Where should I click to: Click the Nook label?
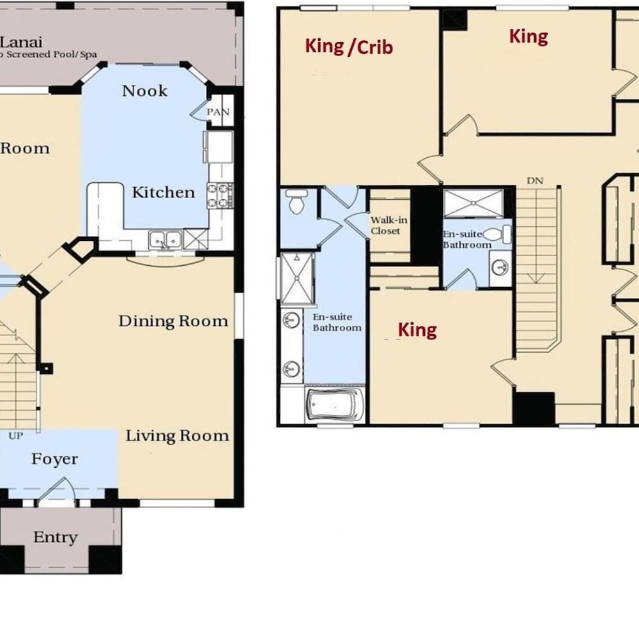(x=144, y=91)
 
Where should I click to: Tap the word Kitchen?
(x=164, y=192)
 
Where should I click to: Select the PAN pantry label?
(x=219, y=112)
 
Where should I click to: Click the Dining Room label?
(x=173, y=321)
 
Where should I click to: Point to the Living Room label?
(x=177, y=436)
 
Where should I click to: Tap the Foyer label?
(x=54, y=459)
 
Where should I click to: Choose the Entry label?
(x=56, y=537)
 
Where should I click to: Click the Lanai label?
(x=21, y=42)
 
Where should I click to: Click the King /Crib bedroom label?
(x=349, y=47)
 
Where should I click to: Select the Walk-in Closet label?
(x=389, y=226)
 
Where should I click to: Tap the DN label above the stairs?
(x=535, y=181)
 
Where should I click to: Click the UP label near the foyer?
(x=15, y=436)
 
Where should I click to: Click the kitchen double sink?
(x=166, y=240)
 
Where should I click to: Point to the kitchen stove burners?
(x=220, y=196)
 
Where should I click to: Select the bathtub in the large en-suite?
(x=335, y=405)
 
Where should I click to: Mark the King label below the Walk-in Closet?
(x=417, y=330)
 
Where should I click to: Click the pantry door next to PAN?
(x=199, y=111)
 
